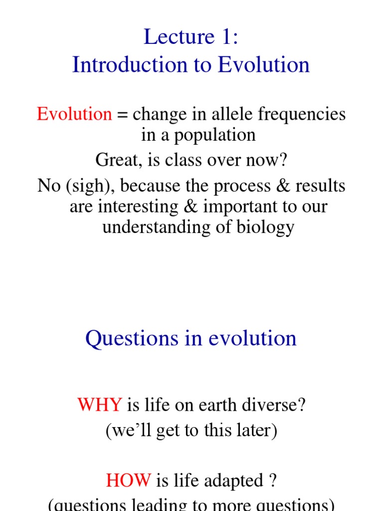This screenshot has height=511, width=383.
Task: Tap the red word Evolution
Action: pyautogui.click(x=74, y=114)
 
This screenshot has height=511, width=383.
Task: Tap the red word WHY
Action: pyautogui.click(x=99, y=405)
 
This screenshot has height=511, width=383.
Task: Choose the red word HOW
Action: pyautogui.click(x=128, y=481)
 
